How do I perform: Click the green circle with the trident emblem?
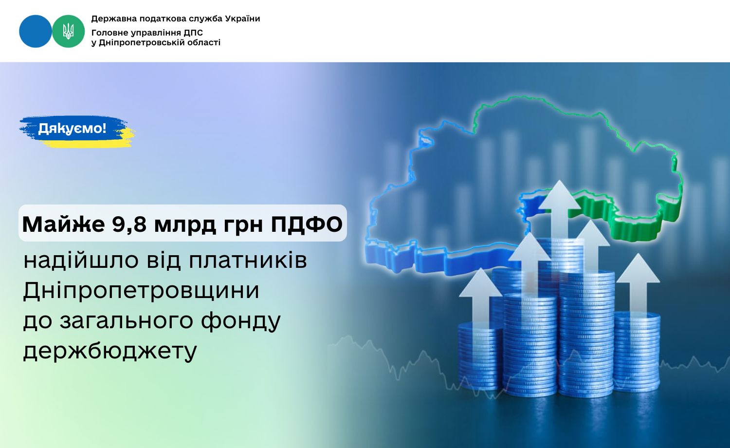(x=69, y=31)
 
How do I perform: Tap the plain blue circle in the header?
(x=36, y=31)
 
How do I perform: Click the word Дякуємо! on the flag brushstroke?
(x=72, y=128)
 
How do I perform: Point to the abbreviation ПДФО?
(x=307, y=224)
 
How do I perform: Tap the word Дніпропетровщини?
(x=141, y=290)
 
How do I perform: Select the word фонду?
(x=240, y=321)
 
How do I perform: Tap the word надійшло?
(x=81, y=261)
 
